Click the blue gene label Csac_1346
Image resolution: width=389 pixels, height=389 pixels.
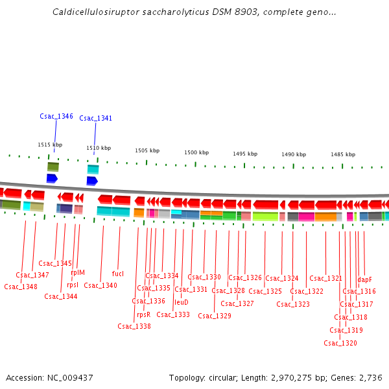click(56, 117)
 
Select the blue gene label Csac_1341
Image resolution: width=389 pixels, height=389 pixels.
click(96, 119)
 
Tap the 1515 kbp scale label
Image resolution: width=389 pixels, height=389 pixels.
click(50, 145)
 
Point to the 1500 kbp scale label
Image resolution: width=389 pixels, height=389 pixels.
click(196, 152)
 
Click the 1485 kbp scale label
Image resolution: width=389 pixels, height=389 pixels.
click(343, 154)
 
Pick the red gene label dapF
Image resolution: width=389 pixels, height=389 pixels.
click(365, 279)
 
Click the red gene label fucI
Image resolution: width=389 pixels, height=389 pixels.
click(118, 274)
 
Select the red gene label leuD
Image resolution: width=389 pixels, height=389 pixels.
click(182, 302)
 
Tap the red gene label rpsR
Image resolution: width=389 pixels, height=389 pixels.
click(143, 314)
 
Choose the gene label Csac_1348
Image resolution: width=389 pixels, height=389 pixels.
click(21, 287)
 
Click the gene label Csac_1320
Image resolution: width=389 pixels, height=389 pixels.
click(340, 343)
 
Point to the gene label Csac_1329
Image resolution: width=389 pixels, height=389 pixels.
click(215, 316)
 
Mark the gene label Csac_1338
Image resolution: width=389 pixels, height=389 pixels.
click(134, 326)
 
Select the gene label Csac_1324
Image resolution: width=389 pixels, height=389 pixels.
click(282, 278)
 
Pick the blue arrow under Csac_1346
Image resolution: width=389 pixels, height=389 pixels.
click(53, 178)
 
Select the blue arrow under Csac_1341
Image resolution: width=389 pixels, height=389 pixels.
click(92, 181)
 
